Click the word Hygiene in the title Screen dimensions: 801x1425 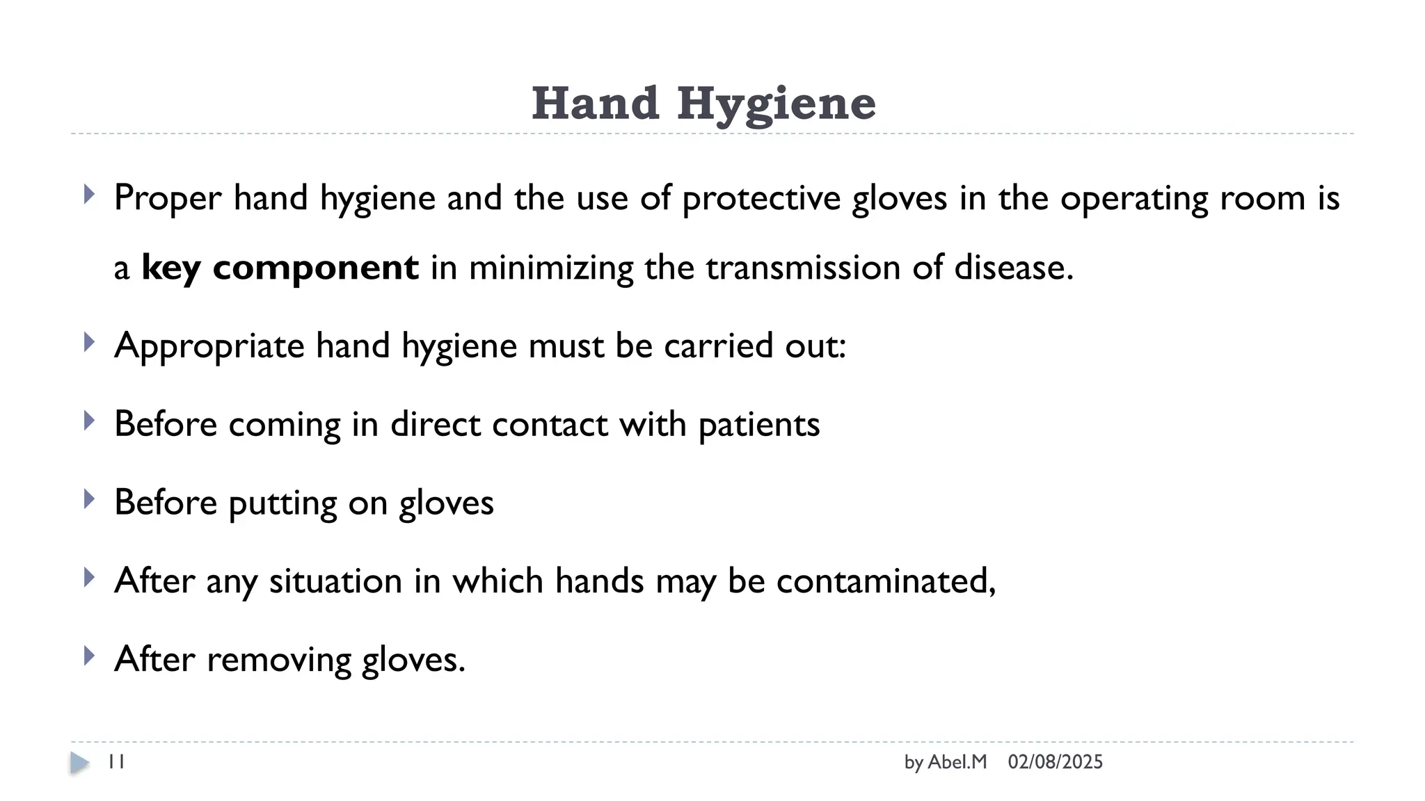coord(776,104)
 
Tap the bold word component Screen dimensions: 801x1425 coord(315,268)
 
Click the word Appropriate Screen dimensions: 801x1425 coord(209,346)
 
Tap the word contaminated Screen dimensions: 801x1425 coord(886,581)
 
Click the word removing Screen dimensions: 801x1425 coord(278,659)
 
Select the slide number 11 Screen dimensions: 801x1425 coord(116,762)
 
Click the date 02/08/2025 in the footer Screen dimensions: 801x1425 coord(1055,762)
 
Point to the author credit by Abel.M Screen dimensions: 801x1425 coord(945,762)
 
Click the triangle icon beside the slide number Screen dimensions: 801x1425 coord(80,763)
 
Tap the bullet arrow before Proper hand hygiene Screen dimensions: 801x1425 coord(88,194)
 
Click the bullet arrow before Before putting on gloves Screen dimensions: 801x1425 coord(88,499)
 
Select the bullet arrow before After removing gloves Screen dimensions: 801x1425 coord(88,656)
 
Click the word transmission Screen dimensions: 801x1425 coord(803,268)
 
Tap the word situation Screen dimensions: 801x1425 coord(335,581)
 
